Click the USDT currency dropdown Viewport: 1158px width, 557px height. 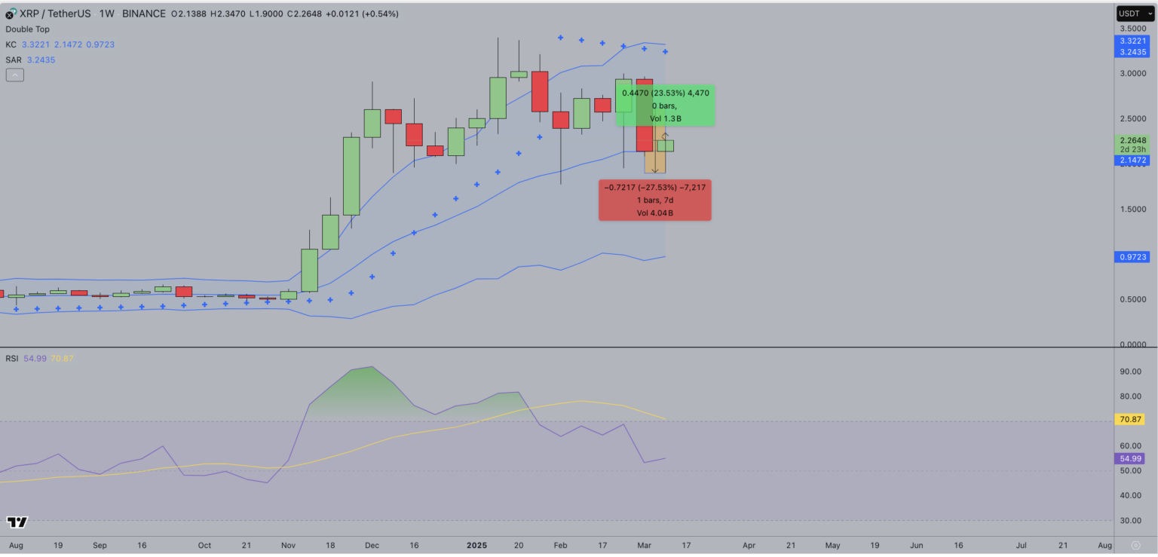click(1134, 14)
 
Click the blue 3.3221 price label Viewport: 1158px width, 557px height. click(1133, 41)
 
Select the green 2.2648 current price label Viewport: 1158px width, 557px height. click(1133, 140)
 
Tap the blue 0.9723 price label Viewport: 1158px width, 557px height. click(1133, 257)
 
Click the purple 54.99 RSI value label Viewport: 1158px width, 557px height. click(1133, 458)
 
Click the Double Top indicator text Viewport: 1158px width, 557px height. click(27, 29)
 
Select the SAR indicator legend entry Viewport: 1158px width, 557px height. click(12, 60)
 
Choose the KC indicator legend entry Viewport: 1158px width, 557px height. click(11, 44)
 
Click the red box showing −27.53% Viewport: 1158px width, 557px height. click(654, 200)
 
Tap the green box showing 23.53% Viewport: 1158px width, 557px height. click(664, 106)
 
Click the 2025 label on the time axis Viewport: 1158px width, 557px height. click(477, 544)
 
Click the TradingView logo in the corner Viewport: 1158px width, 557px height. click(17, 522)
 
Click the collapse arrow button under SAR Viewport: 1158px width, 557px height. click(14, 75)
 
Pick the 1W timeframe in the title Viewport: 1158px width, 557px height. click(106, 14)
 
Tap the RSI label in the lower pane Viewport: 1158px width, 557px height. click(11, 358)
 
